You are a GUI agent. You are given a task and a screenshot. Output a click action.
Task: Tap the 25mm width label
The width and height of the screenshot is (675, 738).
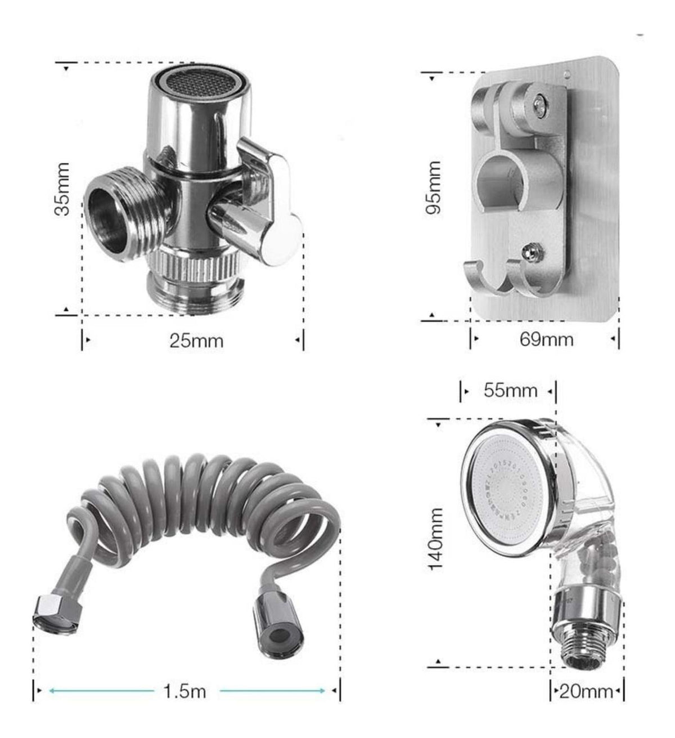tap(196, 341)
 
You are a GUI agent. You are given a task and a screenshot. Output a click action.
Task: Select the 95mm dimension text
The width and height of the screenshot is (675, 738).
tap(433, 187)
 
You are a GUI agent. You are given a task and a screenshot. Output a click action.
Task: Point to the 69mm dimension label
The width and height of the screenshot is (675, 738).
tap(546, 339)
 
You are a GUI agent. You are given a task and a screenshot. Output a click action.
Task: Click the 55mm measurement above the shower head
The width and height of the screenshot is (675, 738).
tap(511, 390)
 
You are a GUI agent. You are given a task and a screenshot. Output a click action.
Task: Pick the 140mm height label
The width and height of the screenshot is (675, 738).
tap(436, 540)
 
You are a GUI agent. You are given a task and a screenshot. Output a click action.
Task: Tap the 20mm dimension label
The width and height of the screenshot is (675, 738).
tap(586, 692)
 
